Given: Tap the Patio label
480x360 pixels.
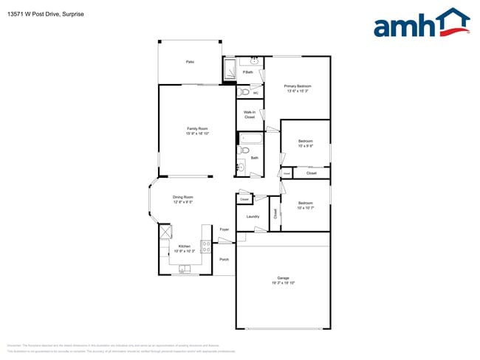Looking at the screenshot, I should [190, 62].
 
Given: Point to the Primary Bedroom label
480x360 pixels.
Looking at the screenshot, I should [298, 86].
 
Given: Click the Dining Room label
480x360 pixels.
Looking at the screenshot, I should [183, 197].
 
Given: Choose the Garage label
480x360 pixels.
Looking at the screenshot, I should [282, 278].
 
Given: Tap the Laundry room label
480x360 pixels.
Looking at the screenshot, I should [253, 216].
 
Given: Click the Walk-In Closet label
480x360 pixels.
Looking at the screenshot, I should [250, 114].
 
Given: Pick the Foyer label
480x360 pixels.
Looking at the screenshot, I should [224, 229].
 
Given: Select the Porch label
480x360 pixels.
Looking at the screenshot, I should [224, 259].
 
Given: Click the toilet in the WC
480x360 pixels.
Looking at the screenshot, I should [244, 92].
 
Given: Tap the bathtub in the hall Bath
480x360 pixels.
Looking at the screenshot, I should [249, 138].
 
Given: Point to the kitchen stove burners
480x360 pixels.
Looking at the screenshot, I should [205, 247].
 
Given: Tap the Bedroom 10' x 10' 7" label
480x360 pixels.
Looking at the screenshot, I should [305, 205].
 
